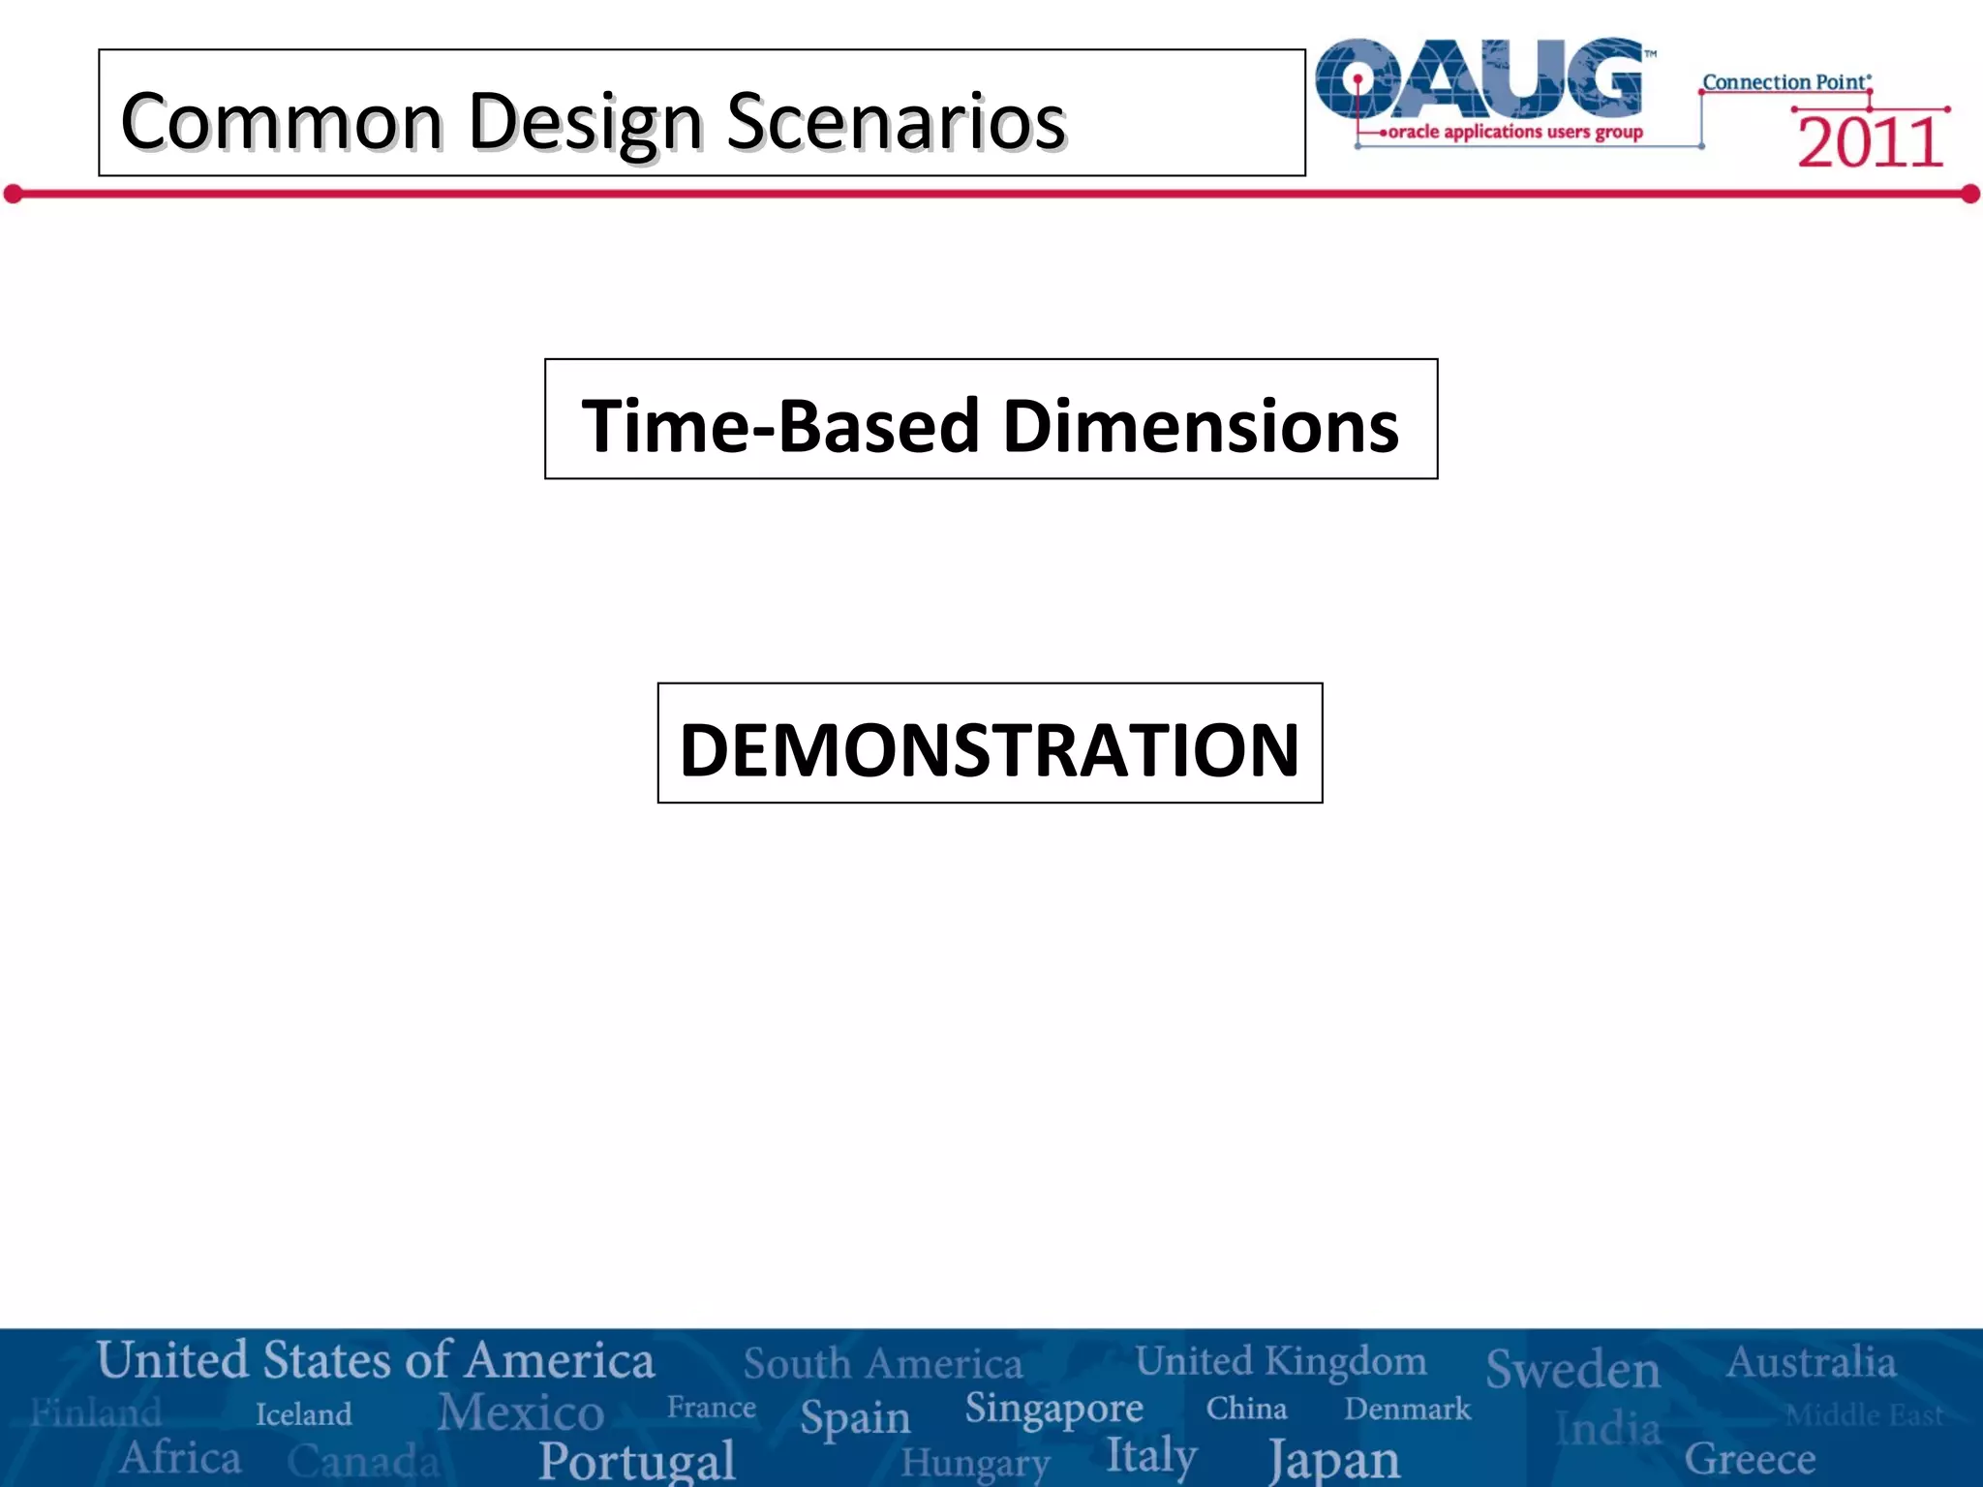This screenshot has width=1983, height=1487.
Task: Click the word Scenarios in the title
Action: pyautogui.click(x=896, y=122)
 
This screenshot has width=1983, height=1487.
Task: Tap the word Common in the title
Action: pyautogui.click(x=282, y=122)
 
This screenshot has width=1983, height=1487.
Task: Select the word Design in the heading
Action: pyautogui.click(x=585, y=124)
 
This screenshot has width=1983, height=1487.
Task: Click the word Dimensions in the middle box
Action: pyautogui.click(x=1201, y=426)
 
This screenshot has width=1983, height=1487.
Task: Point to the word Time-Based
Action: pyautogui.click(x=780, y=426)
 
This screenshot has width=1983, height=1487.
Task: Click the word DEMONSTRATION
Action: pyautogui.click(x=990, y=749)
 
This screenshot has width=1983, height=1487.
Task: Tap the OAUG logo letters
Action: pyautogui.click(x=1481, y=79)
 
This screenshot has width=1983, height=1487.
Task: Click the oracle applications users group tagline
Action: pyautogui.click(x=1515, y=132)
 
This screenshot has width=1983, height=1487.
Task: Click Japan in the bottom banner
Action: pyautogui.click(x=1334, y=1459)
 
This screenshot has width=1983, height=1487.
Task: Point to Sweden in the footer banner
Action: pyautogui.click(x=1572, y=1369)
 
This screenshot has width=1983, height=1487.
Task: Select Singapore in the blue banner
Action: pyautogui.click(x=1053, y=1410)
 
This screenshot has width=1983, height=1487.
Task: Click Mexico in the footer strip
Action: pyautogui.click(x=521, y=1411)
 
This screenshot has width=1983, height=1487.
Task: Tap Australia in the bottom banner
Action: pyautogui.click(x=1811, y=1362)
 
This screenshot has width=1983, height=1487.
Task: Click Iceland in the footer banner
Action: pyautogui.click(x=303, y=1414)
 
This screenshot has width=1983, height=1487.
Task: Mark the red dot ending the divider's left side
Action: pyautogui.click(x=13, y=195)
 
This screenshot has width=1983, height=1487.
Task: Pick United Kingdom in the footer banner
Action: pyautogui.click(x=1280, y=1361)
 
